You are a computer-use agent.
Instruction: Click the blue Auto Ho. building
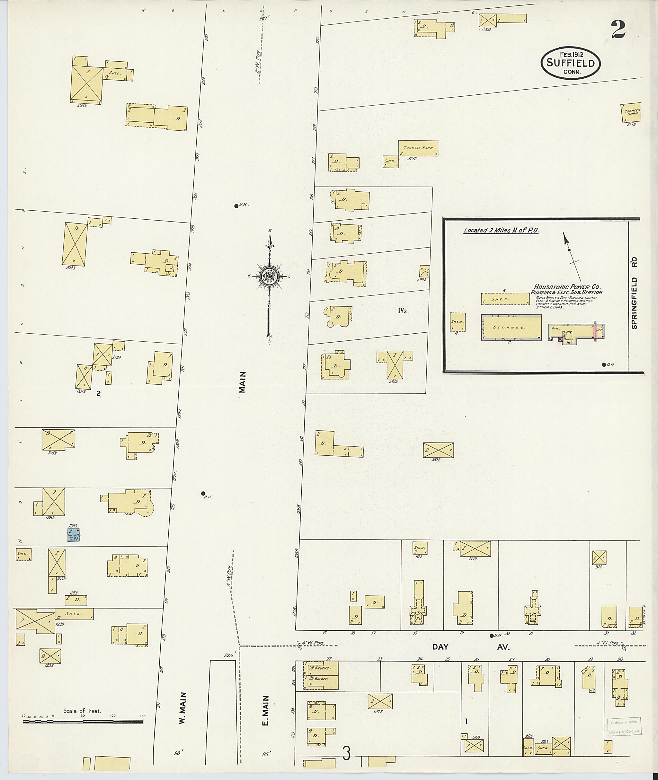coord(74,535)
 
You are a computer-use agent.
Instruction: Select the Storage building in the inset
coord(511,327)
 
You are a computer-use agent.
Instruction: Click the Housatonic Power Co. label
coord(567,287)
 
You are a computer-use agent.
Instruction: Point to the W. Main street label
coord(182,708)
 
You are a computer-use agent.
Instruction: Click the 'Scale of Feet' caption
coord(82,711)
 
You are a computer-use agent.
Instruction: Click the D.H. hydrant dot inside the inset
coord(604,365)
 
